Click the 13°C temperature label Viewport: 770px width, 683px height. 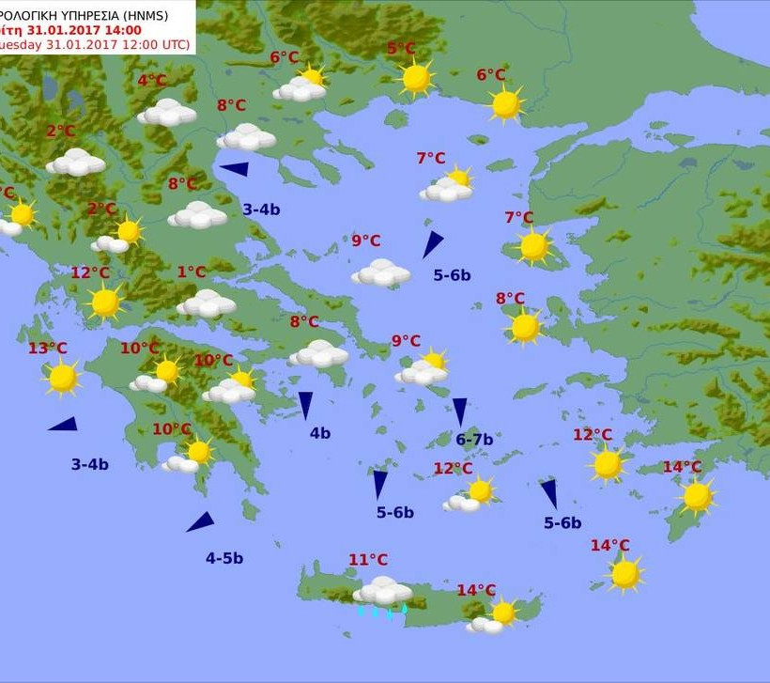[x=47, y=349]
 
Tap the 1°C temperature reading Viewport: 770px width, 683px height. [x=191, y=272]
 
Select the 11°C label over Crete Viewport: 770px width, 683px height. [x=368, y=561]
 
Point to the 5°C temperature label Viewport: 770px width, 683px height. [x=401, y=49]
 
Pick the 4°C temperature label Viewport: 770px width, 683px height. [x=151, y=81]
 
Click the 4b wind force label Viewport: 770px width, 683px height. [x=320, y=433]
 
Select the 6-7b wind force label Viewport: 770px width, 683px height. [x=474, y=439]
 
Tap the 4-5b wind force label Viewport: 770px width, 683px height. [x=224, y=558]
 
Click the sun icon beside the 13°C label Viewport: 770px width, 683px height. [x=63, y=378]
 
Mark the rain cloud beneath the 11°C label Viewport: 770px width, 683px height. [x=382, y=591]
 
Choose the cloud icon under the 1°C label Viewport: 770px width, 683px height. [x=206, y=303]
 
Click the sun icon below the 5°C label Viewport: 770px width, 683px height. [x=416, y=78]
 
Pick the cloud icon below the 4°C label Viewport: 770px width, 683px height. [x=167, y=113]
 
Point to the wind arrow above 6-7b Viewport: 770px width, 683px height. [x=460, y=411]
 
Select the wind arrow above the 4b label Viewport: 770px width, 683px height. [x=305, y=405]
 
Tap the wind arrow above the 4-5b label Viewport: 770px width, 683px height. [x=201, y=522]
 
